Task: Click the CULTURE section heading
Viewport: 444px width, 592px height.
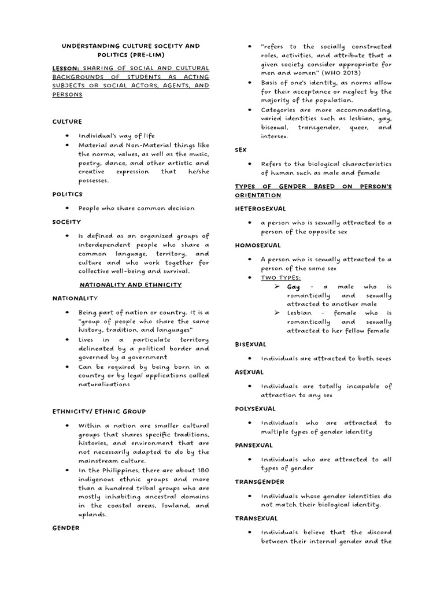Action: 67,122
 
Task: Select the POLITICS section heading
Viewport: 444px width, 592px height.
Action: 68,194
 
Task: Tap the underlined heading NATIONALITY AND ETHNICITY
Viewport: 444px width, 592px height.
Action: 130,285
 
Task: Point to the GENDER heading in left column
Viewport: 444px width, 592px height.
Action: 66,528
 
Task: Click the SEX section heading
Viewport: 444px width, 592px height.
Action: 240,150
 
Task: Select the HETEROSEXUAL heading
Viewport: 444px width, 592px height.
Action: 260,208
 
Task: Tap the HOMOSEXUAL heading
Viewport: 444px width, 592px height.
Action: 257,245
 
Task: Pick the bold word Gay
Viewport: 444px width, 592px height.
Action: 294,287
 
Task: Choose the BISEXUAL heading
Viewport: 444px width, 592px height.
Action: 250,344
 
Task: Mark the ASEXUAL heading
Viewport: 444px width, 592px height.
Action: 249,372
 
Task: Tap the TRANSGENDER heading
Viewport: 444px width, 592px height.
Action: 259,482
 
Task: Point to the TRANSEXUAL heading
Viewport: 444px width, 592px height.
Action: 256,519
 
